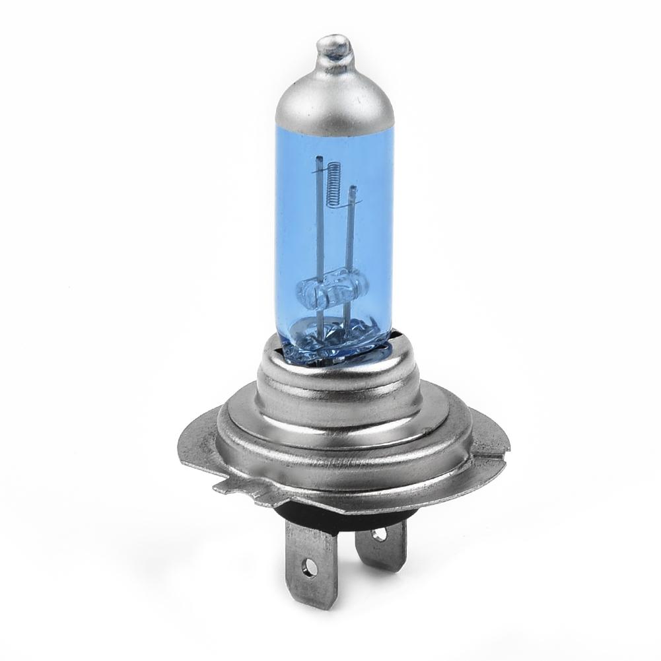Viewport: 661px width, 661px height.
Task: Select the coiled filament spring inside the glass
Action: click(x=334, y=178)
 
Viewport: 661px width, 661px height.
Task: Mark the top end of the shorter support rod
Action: click(x=353, y=190)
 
